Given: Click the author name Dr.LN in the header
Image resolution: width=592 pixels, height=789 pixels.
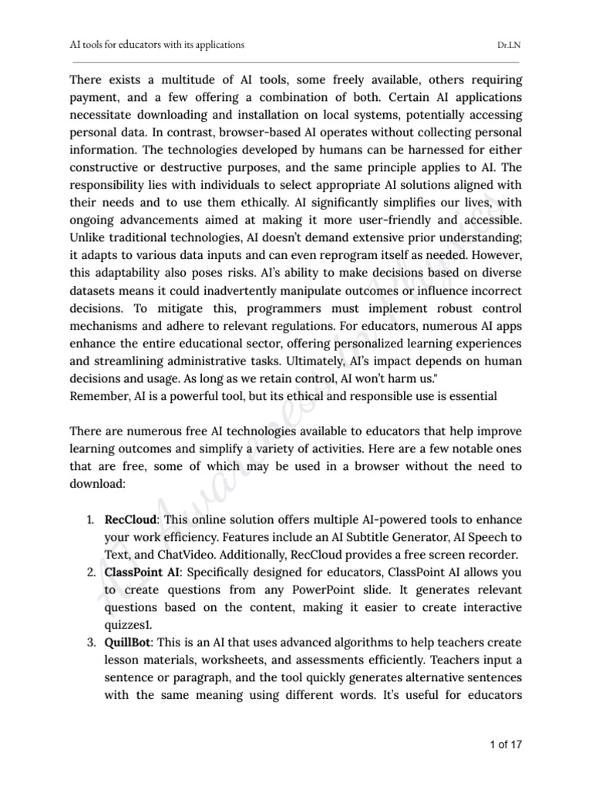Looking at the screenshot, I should pos(509,45).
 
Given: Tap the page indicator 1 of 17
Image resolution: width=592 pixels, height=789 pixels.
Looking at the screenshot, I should pos(502,746).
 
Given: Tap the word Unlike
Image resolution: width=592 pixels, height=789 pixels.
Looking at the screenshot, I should pos(87,237).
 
